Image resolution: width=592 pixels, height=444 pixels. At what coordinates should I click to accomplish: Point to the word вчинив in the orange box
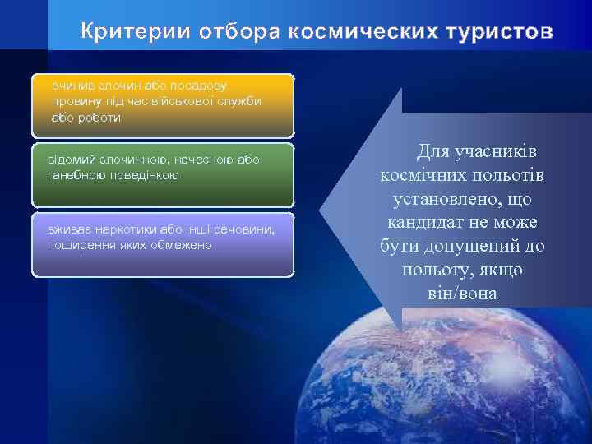click(72, 85)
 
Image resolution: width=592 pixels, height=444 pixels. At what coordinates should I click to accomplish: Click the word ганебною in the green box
click(78, 175)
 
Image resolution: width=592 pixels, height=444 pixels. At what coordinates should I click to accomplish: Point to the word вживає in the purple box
click(69, 229)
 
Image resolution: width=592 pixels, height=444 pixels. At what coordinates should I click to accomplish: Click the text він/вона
click(462, 294)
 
